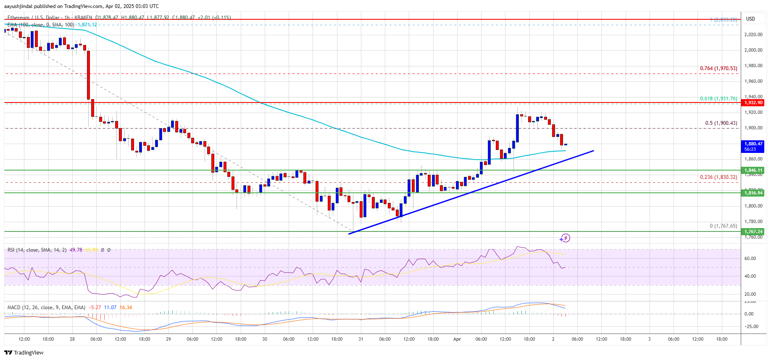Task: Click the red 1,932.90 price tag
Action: pos(753,102)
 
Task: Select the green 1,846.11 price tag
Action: pos(753,170)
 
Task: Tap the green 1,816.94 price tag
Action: pos(753,193)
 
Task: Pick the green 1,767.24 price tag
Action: pos(753,231)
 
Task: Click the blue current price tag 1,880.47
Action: pos(753,146)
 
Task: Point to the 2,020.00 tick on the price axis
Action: pos(753,34)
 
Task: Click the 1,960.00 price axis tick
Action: pos(753,81)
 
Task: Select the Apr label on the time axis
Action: pos(457,339)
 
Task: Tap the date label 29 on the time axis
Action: pos(168,339)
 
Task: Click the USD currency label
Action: pos(750,19)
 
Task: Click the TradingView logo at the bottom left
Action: pos(24,352)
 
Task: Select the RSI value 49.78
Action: pos(76,250)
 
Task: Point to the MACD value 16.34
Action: pos(126,307)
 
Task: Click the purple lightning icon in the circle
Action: pos(565,238)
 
